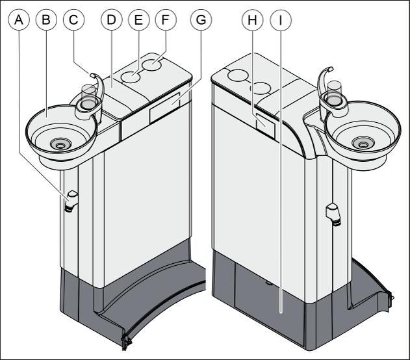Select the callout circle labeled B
pos(46,19)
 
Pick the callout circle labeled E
pos(138,19)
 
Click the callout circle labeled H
pos(251,19)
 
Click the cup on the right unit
pos(335,92)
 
